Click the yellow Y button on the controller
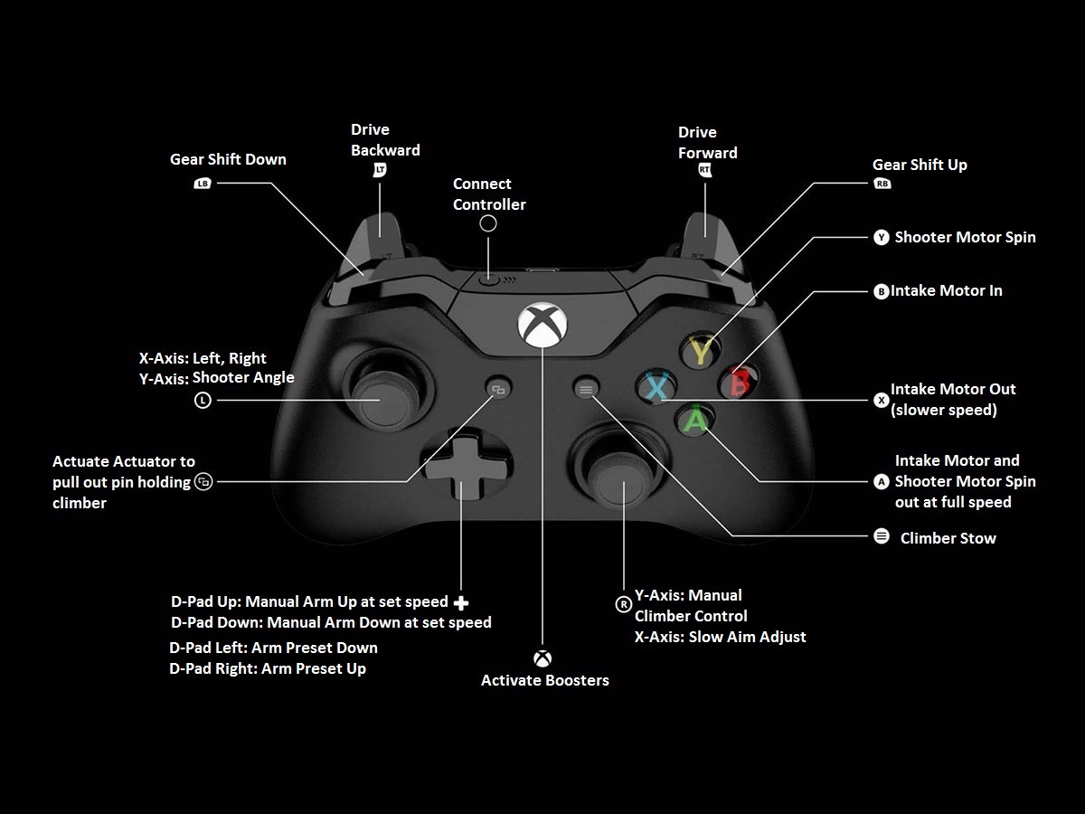(x=701, y=350)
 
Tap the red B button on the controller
(x=739, y=382)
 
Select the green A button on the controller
(x=695, y=420)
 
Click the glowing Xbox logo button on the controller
(x=542, y=325)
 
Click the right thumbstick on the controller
(x=618, y=475)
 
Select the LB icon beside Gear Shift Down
(x=203, y=184)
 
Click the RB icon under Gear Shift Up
(x=882, y=184)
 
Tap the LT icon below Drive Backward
(x=380, y=169)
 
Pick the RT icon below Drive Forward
(x=704, y=169)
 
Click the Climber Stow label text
(x=948, y=538)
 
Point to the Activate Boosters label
(x=544, y=680)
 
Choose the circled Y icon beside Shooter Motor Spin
(x=882, y=237)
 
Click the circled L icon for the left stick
(x=203, y=400)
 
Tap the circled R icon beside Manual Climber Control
(x=623, y=604)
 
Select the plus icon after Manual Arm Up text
(x=461, y=603)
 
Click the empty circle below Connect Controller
(x=488, y=223)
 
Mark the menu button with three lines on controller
(x=586, y=390)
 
